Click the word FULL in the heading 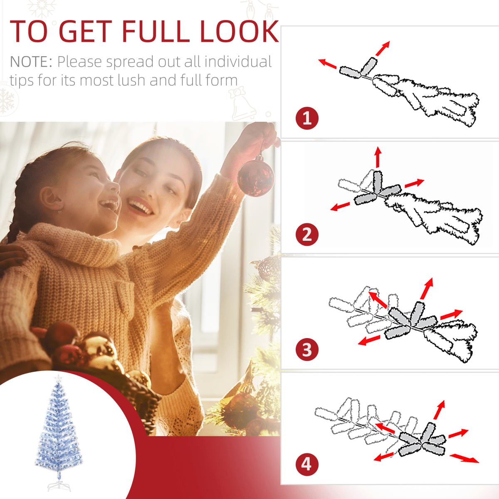156,32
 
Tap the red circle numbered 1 307,118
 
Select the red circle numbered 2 307,234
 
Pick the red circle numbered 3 307,349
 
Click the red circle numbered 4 307,464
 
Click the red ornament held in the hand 256,175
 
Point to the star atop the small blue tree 58,378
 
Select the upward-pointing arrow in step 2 378,157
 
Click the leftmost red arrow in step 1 327,64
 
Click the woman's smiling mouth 139,205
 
